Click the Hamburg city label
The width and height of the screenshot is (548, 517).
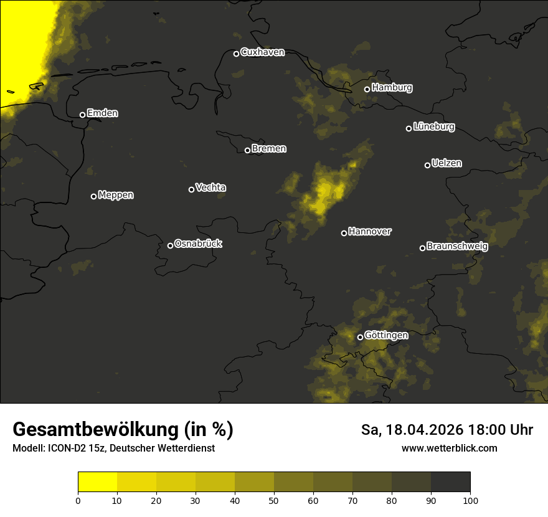coord(392,88)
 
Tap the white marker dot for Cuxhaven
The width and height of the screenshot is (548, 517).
coord(236,54)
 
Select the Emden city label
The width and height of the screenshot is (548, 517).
coord(102,113)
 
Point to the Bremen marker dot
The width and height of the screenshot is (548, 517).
coord(247,150)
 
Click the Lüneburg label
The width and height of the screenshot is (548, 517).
coord(433,127)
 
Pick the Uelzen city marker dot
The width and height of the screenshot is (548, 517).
coord(427,165)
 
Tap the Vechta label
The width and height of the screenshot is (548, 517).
coord(210,187)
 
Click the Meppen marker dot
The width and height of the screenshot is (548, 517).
coord(93,196)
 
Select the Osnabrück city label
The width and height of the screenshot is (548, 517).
coord(198,244)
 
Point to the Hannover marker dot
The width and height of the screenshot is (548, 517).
coord(344,233)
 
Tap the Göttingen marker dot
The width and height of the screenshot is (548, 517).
coord(360,337)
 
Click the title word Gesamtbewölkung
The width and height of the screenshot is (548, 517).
coord(97,429)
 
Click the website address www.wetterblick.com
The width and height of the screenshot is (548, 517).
coord(449,448)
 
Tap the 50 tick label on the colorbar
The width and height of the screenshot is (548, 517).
coord(274,500)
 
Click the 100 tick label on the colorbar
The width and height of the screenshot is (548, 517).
coord(470,500)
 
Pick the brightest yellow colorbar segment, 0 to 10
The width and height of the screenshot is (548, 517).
coord(98,481)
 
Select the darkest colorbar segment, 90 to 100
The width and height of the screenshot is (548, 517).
coord(450,481)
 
